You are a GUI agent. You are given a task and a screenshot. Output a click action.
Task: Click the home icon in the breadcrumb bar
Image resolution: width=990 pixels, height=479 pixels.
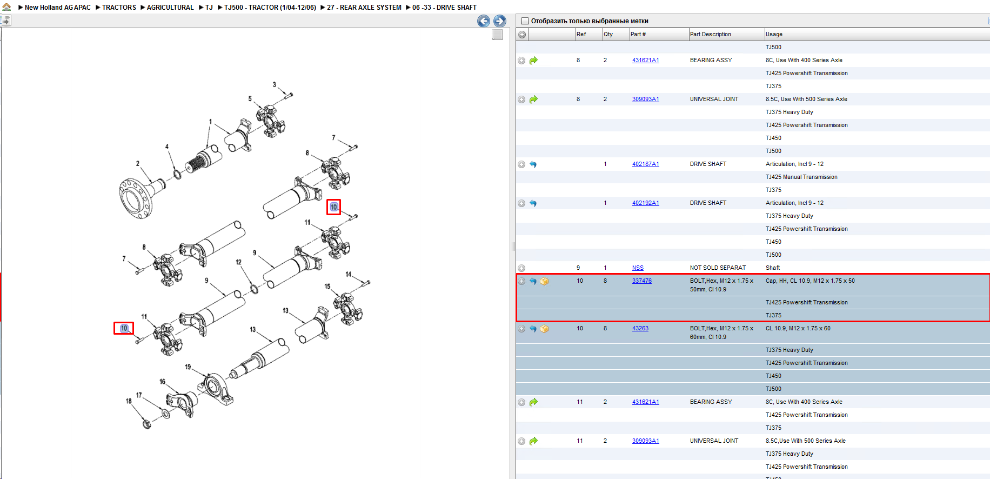[6, 7]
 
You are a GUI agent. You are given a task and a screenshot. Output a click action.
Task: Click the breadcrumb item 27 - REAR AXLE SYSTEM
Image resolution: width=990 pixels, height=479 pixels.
[364, 8]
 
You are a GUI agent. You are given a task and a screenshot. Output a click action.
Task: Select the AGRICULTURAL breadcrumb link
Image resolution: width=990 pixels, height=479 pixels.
[170, 8]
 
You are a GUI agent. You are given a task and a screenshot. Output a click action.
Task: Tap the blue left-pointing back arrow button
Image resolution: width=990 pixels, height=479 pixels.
[484, 21]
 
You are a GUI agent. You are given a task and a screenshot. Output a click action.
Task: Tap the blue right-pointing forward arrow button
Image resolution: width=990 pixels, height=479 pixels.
[500, 21]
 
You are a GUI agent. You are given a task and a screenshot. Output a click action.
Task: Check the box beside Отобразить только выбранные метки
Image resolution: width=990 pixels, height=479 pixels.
[525, 21]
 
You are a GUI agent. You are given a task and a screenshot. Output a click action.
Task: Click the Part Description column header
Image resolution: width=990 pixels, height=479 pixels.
[710, 34]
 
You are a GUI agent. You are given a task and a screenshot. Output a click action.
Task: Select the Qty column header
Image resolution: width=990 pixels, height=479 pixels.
[608, 34]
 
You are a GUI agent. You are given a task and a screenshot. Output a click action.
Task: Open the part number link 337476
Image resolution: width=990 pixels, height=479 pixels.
[642, 281]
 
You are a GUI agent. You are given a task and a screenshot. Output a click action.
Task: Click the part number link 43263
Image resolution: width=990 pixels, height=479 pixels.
[640, 328]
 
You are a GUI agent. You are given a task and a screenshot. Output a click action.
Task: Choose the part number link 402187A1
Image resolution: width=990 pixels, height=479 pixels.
[646, 164]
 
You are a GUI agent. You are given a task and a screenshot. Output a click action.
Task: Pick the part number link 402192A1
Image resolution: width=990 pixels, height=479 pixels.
[646, 203]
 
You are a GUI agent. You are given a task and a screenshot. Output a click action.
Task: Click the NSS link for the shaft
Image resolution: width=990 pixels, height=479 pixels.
[638, 268]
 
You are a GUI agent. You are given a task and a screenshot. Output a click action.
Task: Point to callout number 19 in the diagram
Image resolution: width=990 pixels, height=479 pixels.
[188, 367]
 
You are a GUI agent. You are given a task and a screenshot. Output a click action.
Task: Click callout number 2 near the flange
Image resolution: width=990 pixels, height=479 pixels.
[138, 163]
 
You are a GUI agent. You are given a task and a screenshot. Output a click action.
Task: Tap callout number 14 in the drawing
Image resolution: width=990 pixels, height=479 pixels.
[349, 274]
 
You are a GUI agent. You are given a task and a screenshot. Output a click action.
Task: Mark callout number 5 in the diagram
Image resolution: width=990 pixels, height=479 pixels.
[250, 99]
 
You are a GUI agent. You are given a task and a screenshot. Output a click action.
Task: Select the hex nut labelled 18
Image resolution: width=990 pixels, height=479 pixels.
[146, 423]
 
